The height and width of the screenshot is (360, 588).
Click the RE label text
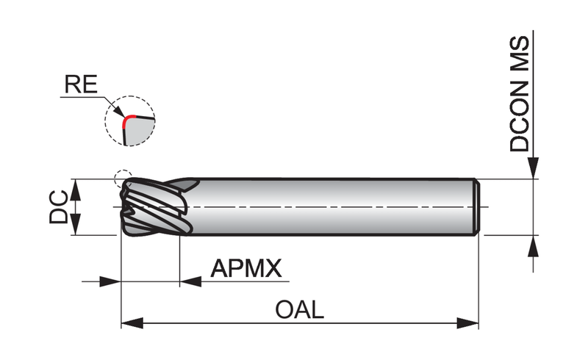tap(81, 84)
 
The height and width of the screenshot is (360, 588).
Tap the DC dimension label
tap(59, 207)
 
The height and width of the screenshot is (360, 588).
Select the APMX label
tap(246, 268)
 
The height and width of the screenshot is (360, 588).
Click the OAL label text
tap(299, 310)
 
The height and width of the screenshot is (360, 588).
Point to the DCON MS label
tap(520, 94)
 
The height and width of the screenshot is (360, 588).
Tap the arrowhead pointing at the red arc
tap(118, 111)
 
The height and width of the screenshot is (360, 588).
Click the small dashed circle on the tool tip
tap(123, 179)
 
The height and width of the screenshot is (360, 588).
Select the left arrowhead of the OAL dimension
tap(132, 323)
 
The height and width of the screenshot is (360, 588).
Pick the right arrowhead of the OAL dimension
tap(467, 323)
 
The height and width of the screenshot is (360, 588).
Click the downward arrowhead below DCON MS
tap(533, 168)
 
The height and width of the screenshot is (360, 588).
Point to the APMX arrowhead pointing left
tap(190, 281)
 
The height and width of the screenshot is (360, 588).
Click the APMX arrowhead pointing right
tap(110, 281)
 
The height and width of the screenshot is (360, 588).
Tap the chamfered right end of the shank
tap(477, 207)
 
